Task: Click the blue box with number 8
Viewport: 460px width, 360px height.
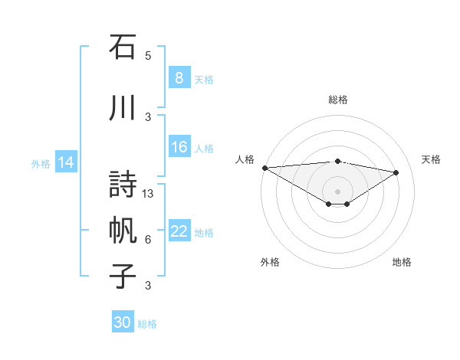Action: point(179,77)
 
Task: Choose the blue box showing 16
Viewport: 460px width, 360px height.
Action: point(179,147)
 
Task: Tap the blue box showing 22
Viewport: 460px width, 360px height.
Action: point(179,231)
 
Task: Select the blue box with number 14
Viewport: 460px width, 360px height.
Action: point(65,162)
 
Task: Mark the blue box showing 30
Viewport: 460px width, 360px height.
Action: point(123,322)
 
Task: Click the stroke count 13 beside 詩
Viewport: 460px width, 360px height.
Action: point(149,194)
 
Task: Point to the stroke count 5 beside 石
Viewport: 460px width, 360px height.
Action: point(148,55)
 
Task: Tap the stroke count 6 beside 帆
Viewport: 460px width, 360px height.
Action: point(148,240)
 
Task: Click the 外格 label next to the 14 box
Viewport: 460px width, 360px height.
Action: point(41,163)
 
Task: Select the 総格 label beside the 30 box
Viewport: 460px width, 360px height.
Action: point(148,324)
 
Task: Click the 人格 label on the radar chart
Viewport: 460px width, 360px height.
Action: point(245,159)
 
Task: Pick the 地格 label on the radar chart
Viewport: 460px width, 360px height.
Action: point(402,262)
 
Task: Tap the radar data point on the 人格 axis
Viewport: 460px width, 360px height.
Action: point(264,168)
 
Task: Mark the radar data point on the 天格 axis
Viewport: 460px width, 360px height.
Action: point(396,172)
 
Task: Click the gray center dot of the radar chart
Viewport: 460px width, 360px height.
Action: point(337,190)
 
